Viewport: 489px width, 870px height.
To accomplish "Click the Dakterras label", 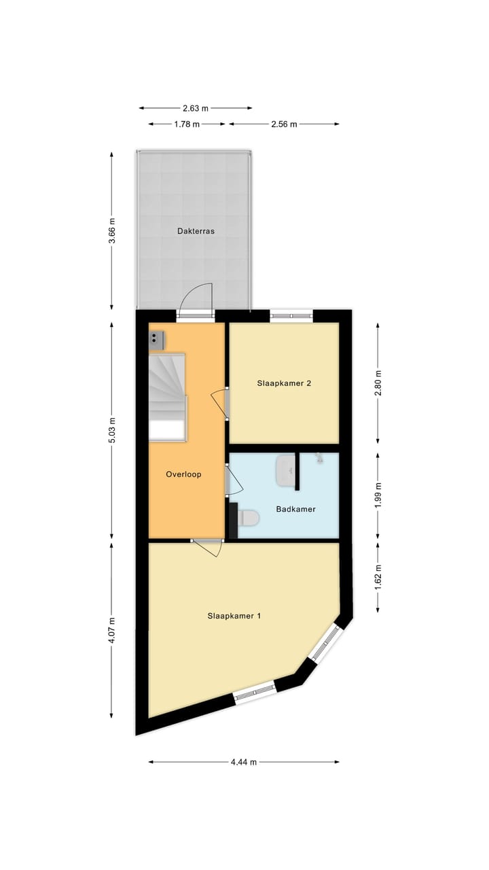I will click(x=196, y=231).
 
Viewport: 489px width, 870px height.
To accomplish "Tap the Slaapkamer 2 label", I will click(x=284, y=383).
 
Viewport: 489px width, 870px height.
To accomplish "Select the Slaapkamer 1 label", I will click(x=234, y=616).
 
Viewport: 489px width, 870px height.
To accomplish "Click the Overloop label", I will click(x=183, y=474).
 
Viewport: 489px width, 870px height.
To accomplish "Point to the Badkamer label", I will click(x=295, y=508).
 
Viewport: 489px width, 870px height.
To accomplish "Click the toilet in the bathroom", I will click(x=249, y=519).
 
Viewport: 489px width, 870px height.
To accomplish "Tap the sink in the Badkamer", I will click(x=285, y=471).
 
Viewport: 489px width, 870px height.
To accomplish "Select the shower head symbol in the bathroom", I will click(x=319, y=459).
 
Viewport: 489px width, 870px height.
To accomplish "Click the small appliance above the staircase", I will click(x=157, y=337).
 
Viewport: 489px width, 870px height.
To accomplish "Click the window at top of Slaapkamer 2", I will click(x=291, y=315).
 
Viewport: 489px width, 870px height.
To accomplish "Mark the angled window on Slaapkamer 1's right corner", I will click(x=325, y=642).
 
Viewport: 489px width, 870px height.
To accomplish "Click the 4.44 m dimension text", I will click(x=244, y=762).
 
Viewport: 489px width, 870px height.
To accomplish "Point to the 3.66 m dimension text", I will click(x=112, y=230).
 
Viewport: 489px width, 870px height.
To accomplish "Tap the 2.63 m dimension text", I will click(x=196, y=108).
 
